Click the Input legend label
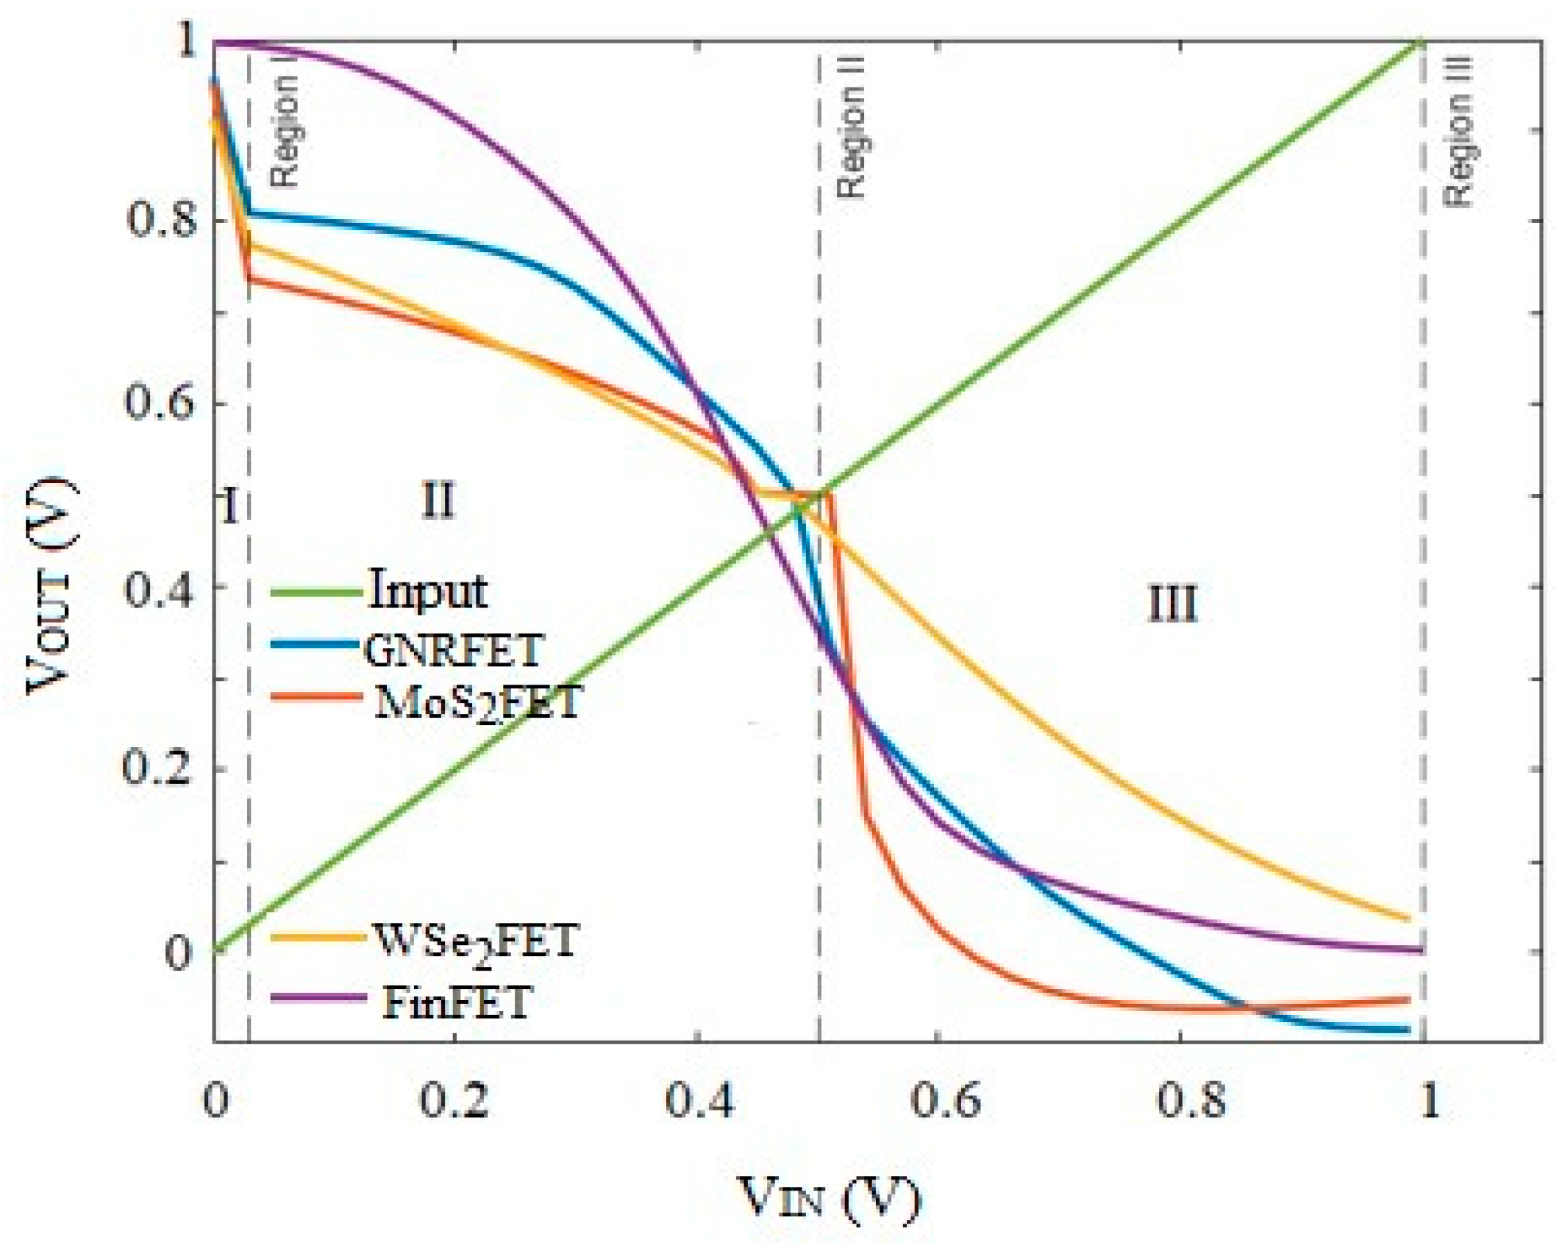click(427, 591)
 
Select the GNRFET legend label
click(454, 650)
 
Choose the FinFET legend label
click(456, 1002)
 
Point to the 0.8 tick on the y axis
click(161, 219)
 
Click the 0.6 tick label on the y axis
click(160, 403)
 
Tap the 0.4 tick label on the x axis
click(699, 1101)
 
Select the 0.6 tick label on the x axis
click(945, 1101)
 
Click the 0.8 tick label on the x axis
click(1190, 1101)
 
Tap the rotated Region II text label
click(851, 129)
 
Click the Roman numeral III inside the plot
click(1172, 604)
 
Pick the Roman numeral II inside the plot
click(438, 502)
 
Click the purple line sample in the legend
click(318, 998)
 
